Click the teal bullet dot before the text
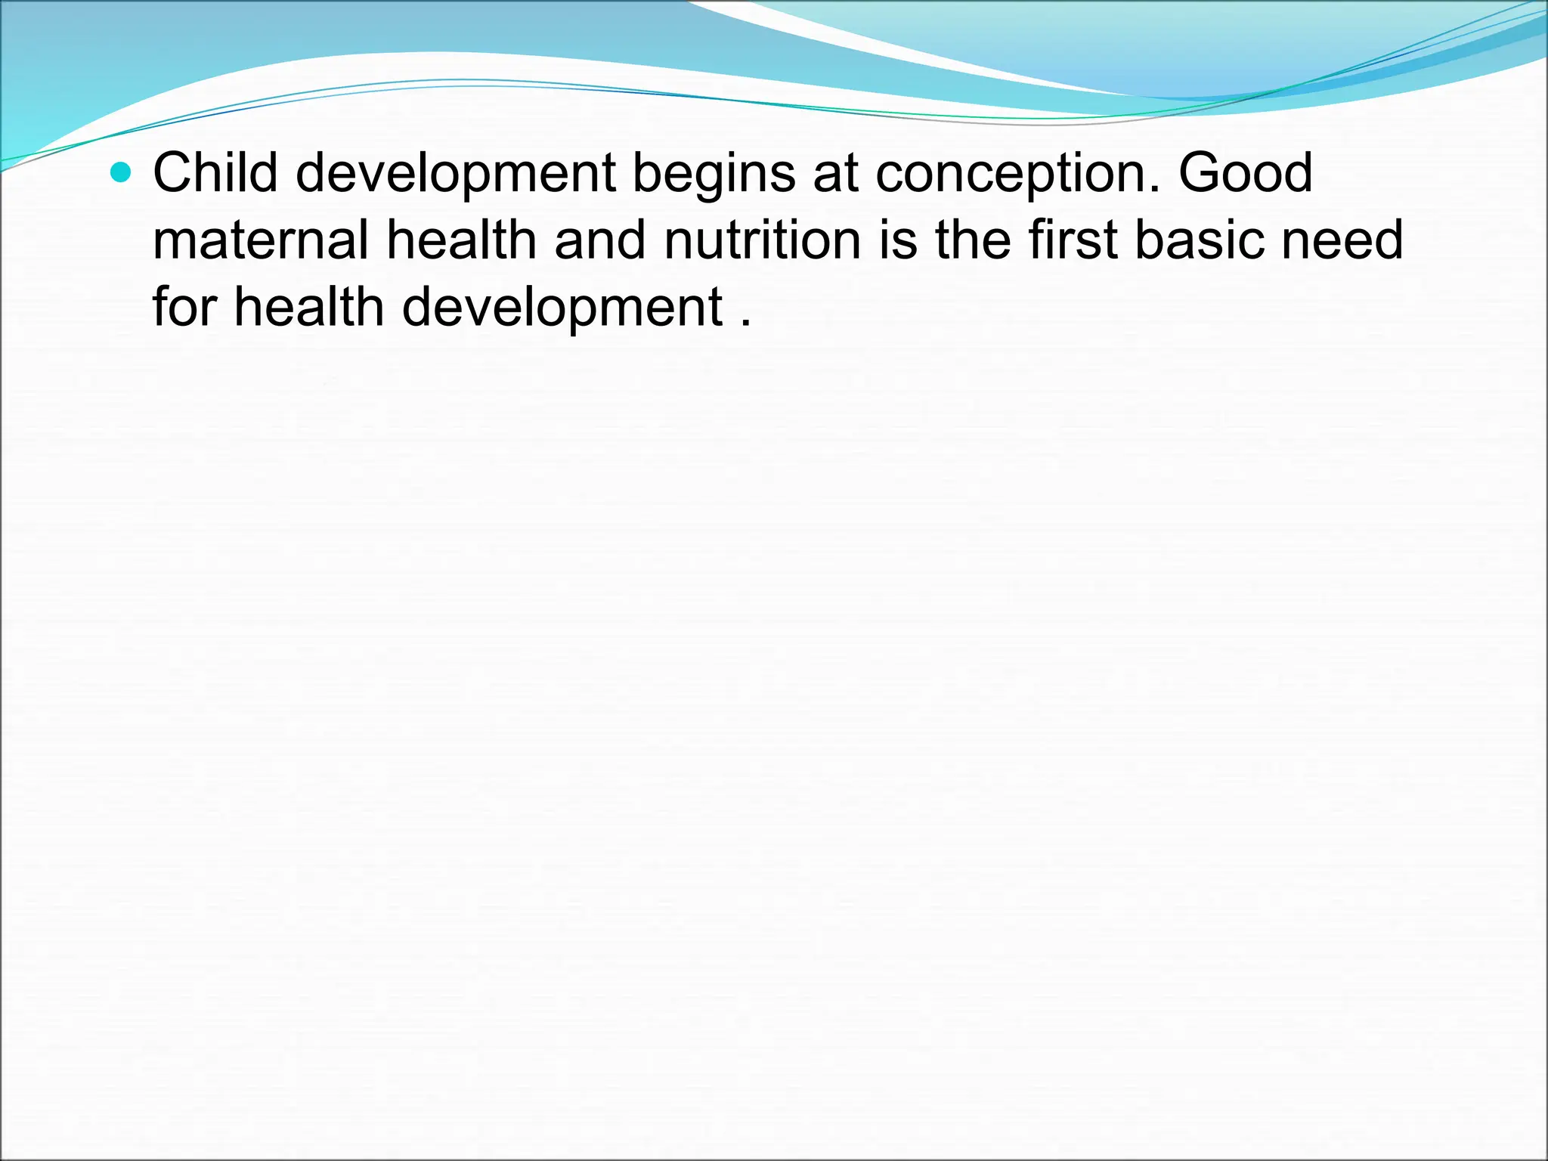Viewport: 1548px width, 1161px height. point(120,174)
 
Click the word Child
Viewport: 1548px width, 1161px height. point(215,173)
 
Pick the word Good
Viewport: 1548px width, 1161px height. point(1245,173)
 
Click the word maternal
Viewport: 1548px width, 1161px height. point(261,240)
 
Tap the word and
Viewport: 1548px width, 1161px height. point(600,240)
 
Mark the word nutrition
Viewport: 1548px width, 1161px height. point(763,240)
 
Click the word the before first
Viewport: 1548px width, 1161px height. point(973,240)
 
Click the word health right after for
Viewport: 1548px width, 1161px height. point(309,307)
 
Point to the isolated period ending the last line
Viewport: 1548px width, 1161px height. point(746,324)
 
